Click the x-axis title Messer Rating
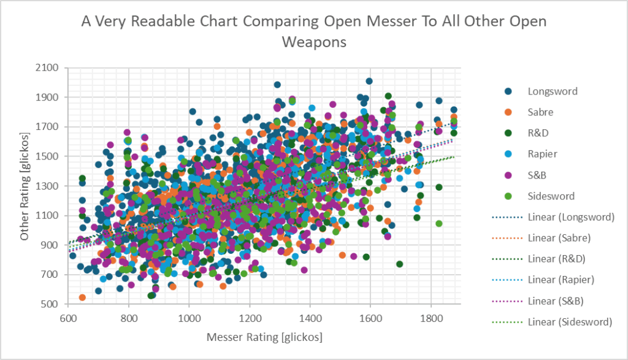pyautogui.click(x=265, y=337)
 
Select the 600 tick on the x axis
pyautogui.click(x=68, y=318)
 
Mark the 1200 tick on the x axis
pyautogui.click(x=250, y=318)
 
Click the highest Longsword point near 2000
pyautogui.click(x=369, y=81)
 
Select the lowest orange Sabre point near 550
pyautogui.click(x=82, y=297)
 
